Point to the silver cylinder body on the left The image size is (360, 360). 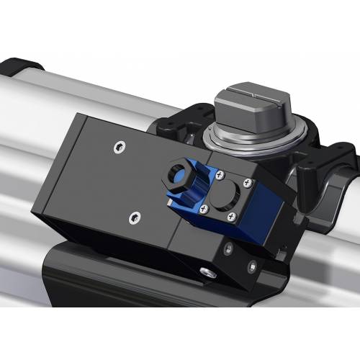(x=36, y=144)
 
